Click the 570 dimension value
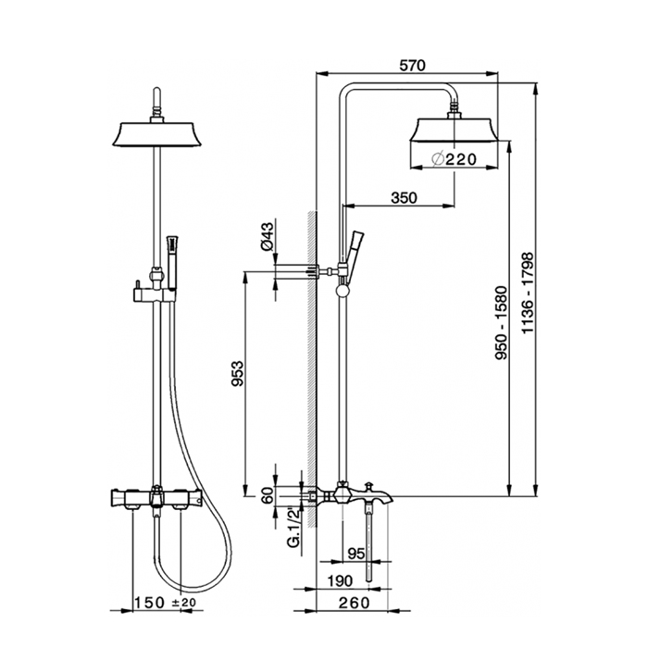point(413,66)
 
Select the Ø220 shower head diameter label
point(454,159)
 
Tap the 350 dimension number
point(405,198)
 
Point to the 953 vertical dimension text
point(238,374)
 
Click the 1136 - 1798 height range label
point(528,293)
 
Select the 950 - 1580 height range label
point(502,322)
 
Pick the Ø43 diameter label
point(268,236)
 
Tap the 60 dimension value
point(268,495)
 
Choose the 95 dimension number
point(356,554)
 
